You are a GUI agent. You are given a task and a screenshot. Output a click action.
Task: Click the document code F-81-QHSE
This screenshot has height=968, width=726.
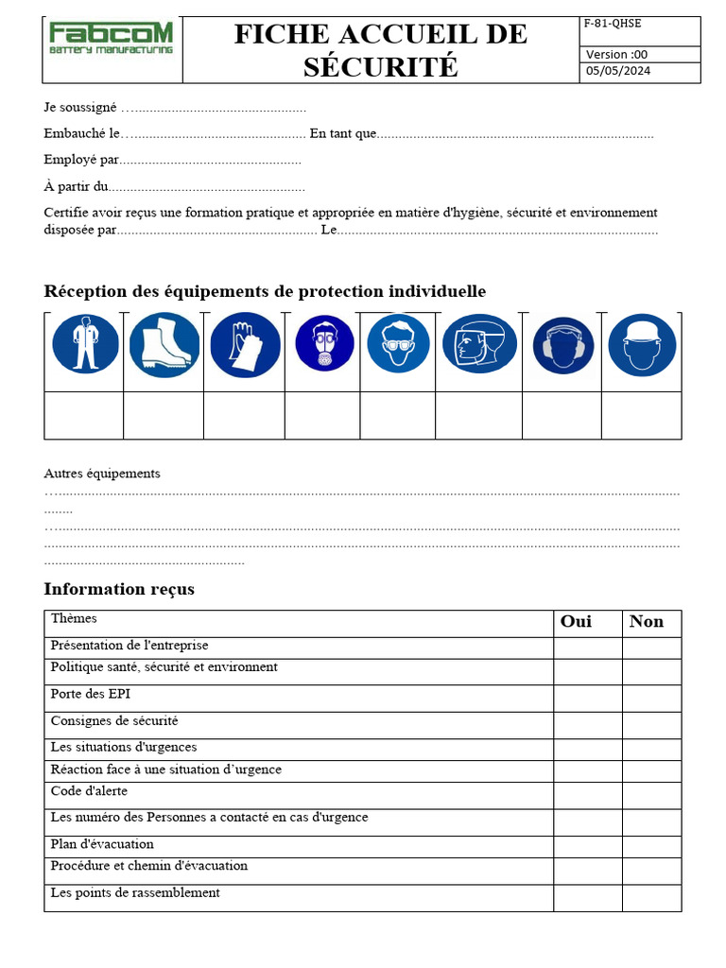(614, 24)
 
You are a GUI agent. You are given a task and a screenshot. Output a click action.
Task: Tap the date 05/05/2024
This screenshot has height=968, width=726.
(618, 71)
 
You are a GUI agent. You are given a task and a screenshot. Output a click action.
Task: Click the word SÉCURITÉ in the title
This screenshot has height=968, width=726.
(380, 67)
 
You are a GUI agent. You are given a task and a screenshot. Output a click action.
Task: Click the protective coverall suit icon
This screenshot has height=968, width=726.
(85, 344)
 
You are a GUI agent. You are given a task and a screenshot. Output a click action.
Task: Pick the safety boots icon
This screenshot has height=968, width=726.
(164, 344)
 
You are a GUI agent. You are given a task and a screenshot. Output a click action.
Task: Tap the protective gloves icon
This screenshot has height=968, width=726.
(245, 344)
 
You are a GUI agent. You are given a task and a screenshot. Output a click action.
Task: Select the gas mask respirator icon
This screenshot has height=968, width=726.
(324, 344)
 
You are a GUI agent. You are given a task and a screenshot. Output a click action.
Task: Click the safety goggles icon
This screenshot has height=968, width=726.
(398, 344)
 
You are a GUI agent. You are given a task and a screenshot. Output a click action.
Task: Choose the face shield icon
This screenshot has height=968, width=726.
(479, 344)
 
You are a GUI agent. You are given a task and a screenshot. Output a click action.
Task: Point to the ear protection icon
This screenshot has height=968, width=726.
(563, 345)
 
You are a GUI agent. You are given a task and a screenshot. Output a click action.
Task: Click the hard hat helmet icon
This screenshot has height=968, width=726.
(642, 344)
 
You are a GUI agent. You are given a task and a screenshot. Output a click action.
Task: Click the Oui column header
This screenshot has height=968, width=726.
(577, 622)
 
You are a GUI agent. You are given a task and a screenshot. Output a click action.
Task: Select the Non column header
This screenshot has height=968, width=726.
(647, 622)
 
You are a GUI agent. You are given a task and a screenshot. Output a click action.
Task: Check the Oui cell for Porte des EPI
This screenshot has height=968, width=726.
(587, 698)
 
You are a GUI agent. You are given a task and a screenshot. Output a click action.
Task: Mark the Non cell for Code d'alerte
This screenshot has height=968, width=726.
(651, 795)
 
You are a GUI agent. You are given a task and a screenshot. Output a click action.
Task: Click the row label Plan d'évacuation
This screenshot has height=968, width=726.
(102, 844)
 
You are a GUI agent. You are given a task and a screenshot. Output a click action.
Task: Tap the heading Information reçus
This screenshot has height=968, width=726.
(119, 589)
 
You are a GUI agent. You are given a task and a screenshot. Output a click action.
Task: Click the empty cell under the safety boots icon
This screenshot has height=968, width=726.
(164, 416)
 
